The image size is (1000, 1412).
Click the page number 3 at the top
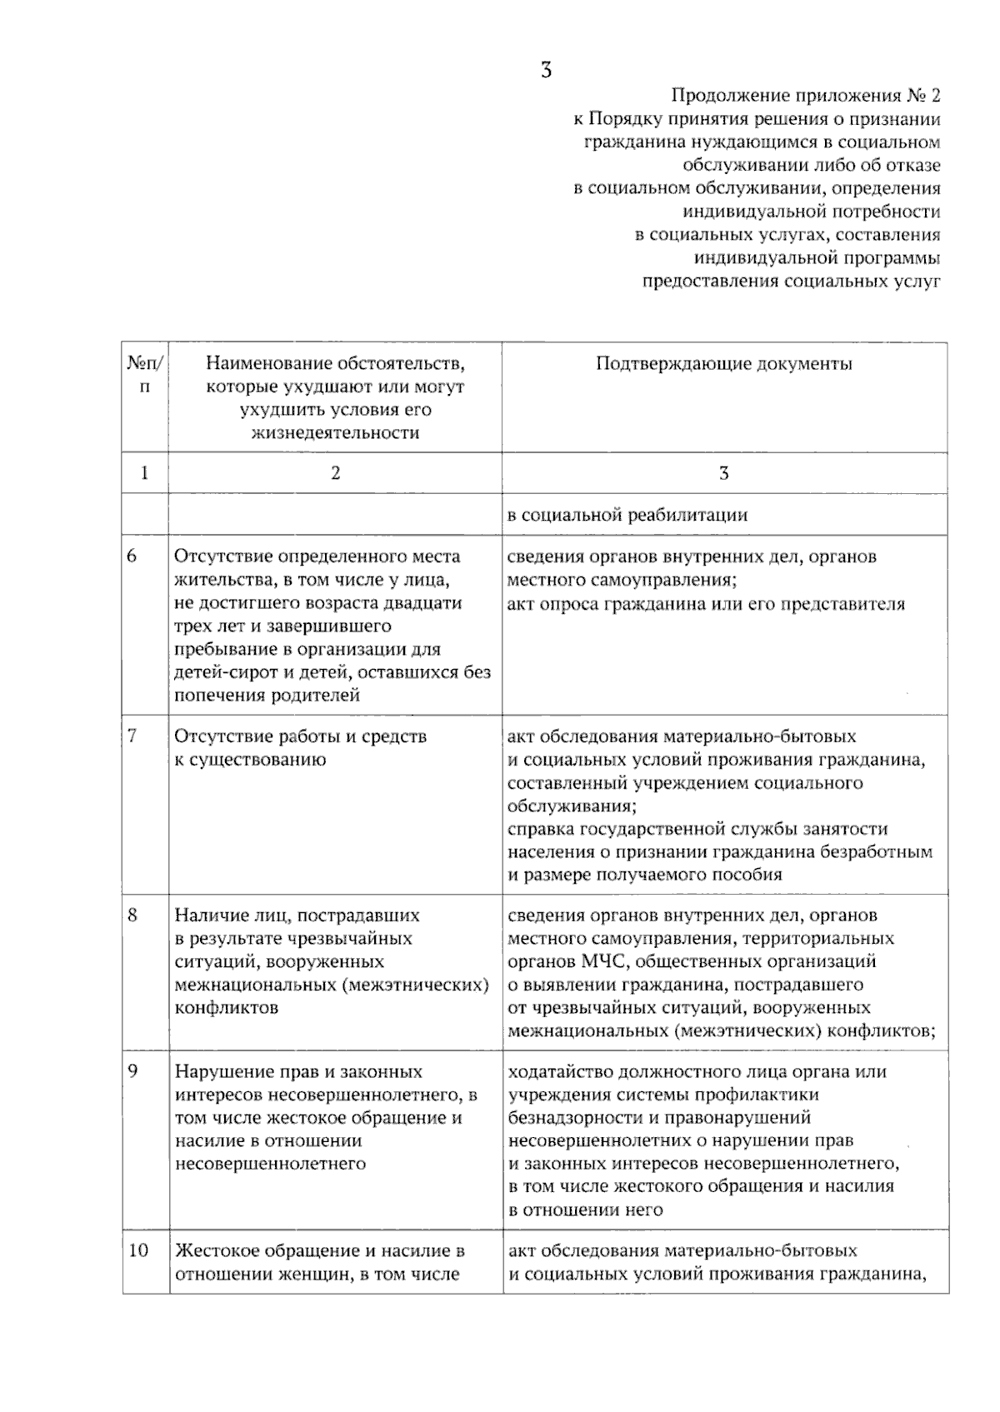(546, 70)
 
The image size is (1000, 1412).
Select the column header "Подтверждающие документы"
(723, 364)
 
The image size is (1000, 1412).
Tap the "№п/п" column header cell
(145, 375)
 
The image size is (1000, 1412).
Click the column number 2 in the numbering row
(335, 473)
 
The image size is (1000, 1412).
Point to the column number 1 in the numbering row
(145, 473)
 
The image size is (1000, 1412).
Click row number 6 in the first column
(132, 556)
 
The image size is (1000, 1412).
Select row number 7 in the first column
(132, 736)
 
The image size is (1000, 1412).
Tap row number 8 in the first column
(132, 915)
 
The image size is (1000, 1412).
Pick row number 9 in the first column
(132, 1070)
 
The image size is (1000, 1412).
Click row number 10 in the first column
(137, 1250)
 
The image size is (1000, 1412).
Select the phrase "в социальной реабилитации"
(627, 515)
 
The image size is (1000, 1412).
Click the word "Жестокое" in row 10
(211, 1250)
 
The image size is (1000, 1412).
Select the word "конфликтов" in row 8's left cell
(226, 1008)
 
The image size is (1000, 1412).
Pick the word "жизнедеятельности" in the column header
(335, 433)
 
